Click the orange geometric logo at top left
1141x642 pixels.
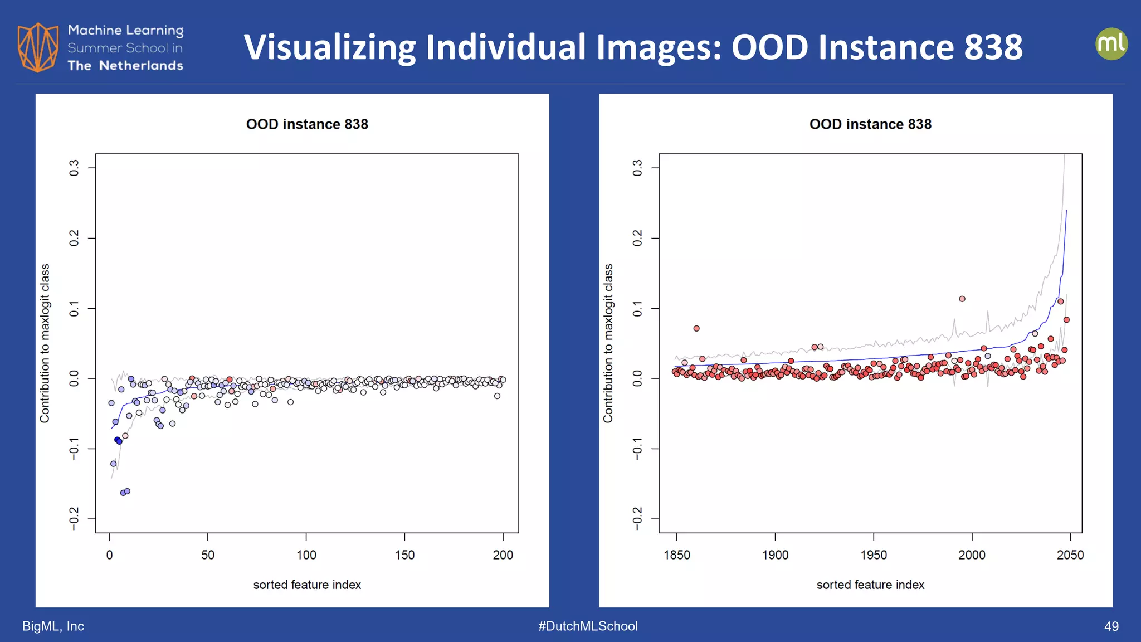point(38,47)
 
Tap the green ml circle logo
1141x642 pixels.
point(1111,44)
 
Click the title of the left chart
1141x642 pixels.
point(307,124)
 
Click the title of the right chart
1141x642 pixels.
point(870,124)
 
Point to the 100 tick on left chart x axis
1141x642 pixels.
point(306,555)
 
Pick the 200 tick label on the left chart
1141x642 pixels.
point(503,555)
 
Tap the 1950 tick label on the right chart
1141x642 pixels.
point(873,555)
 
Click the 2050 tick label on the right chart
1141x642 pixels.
point(1070,555)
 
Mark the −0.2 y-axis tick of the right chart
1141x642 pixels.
point(637,519)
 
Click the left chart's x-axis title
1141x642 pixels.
point(307,585)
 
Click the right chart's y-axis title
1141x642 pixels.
point(608,343)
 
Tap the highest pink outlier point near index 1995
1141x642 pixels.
point(962,299)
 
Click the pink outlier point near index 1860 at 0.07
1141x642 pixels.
point(696,328)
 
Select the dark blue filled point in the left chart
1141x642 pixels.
point(118,441)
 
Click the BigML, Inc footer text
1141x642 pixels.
point(53,626)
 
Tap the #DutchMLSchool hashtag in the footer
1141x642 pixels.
point(588,626)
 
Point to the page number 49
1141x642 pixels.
point(1111,626)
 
